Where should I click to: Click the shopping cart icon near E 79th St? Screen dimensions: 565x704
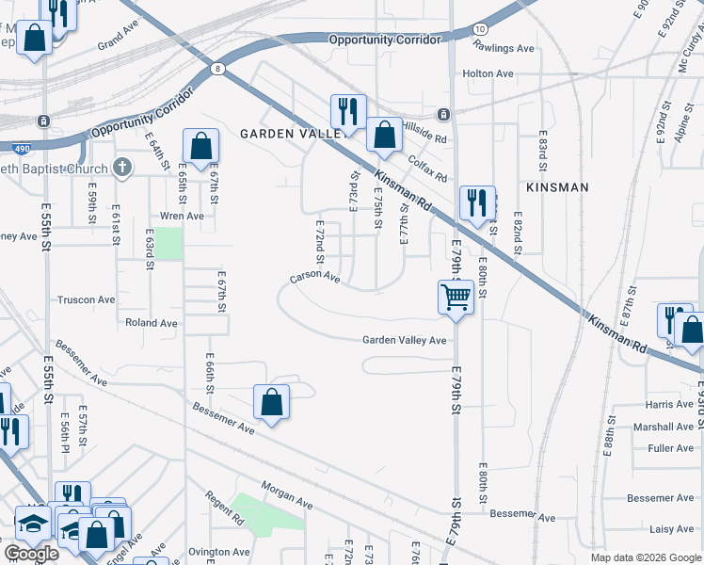456,298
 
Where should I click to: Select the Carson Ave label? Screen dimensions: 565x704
314,277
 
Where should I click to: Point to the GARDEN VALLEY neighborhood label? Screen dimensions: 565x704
289,134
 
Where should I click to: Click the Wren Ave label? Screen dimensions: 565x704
183,216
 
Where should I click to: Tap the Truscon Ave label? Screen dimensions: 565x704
87,299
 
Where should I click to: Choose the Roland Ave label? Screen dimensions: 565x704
152,322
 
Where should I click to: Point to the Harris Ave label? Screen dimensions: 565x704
670,404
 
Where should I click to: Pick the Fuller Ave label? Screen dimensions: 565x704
671,448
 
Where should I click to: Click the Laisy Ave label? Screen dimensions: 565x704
672,528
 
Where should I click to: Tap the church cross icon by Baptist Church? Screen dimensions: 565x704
121,169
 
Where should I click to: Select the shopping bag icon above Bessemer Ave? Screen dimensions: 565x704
271,402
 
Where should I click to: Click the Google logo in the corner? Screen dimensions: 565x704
31,554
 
